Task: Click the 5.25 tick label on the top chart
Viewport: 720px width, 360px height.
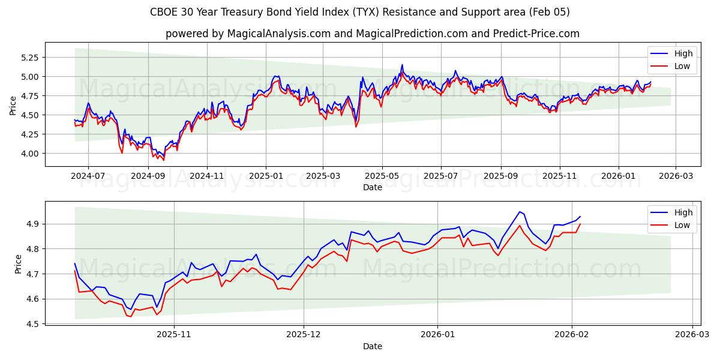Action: (x=28, y=58)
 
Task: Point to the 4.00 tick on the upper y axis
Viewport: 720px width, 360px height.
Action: (x=28, y=154)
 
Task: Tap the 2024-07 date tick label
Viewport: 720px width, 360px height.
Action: (x=88, y=176)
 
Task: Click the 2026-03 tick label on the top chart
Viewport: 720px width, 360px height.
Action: (x=676, y=176)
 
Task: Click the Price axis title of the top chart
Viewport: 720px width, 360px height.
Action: (x=13, y=105)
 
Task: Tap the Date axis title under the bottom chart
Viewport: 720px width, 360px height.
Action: (x=372, y=346)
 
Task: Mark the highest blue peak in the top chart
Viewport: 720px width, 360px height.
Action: (x=402, y=65)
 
